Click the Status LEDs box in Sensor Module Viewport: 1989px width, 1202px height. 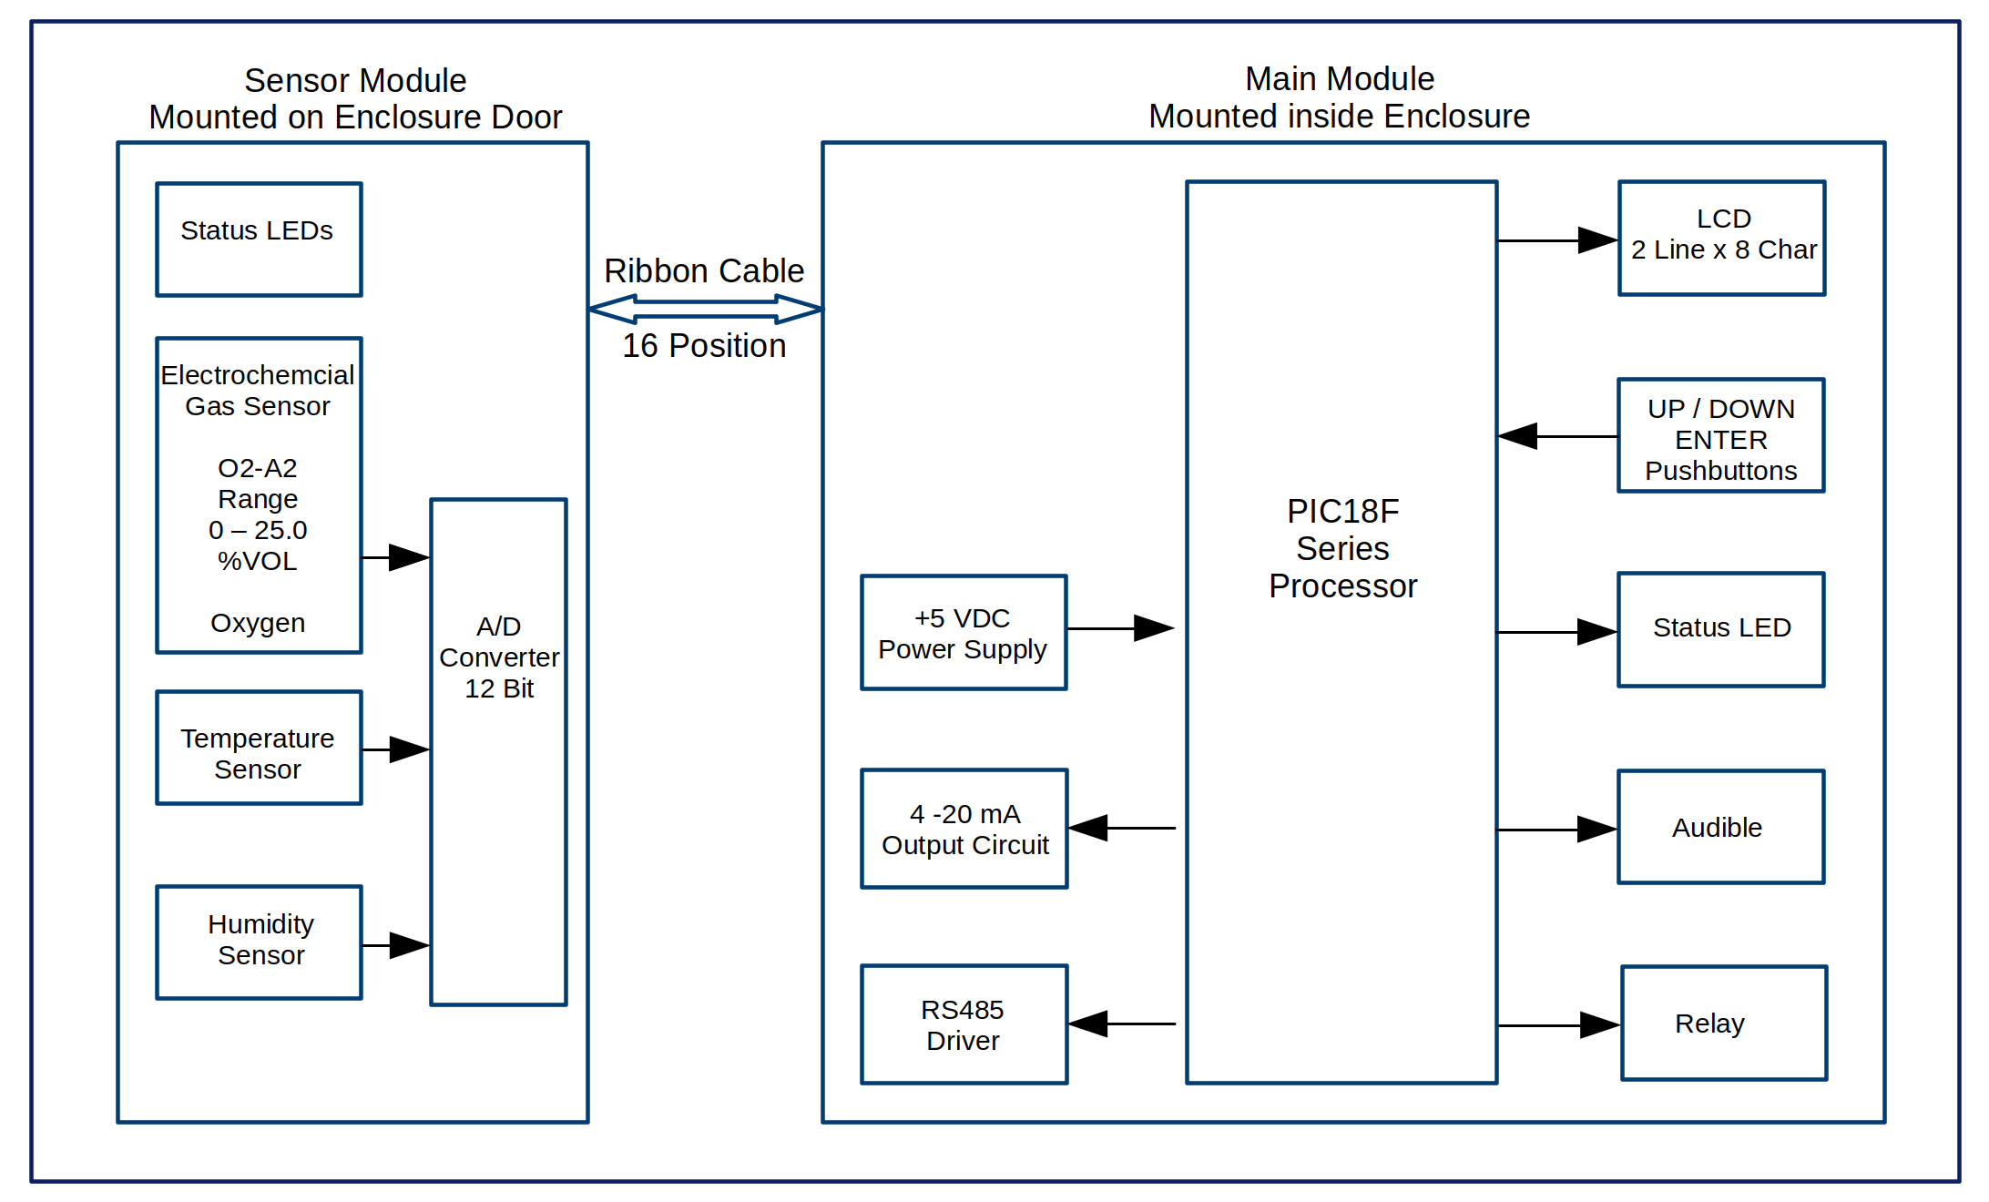click(x=259, y=239)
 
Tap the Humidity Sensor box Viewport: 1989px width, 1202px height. click(x=259, y=942)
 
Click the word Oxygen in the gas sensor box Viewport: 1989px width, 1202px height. click(x=258, y=623)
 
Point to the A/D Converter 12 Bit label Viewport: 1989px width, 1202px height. click(x=499, y=657)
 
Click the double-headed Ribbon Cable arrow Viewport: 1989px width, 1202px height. click(x=706, y=310)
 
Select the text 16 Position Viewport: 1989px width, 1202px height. click(x=704, y=346)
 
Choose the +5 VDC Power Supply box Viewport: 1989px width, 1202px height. click(x=964, y=633)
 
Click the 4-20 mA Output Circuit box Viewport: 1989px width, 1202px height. click(x=964, y=829)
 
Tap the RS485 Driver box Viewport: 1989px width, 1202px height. click(x=964, y=1024)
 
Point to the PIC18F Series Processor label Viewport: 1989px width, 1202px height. click(x=1342, y=549)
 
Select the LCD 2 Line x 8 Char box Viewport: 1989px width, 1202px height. click(x=1722, y=239)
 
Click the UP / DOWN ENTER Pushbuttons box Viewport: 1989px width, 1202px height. click(x=1721, y=436)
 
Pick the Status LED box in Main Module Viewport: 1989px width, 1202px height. click(x=1721, y=629)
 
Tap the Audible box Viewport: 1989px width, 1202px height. click(x=1721, y=827)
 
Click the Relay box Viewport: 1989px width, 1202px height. click(x=1724, y=1024)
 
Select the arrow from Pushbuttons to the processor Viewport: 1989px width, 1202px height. click(x=1557, y=436)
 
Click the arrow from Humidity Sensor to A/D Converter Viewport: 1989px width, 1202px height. click(x=396, y=945)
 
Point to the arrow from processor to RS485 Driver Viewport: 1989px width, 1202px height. click(x=1122, y=1024)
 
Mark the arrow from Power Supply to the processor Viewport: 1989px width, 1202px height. click(x=1120, y=628)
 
